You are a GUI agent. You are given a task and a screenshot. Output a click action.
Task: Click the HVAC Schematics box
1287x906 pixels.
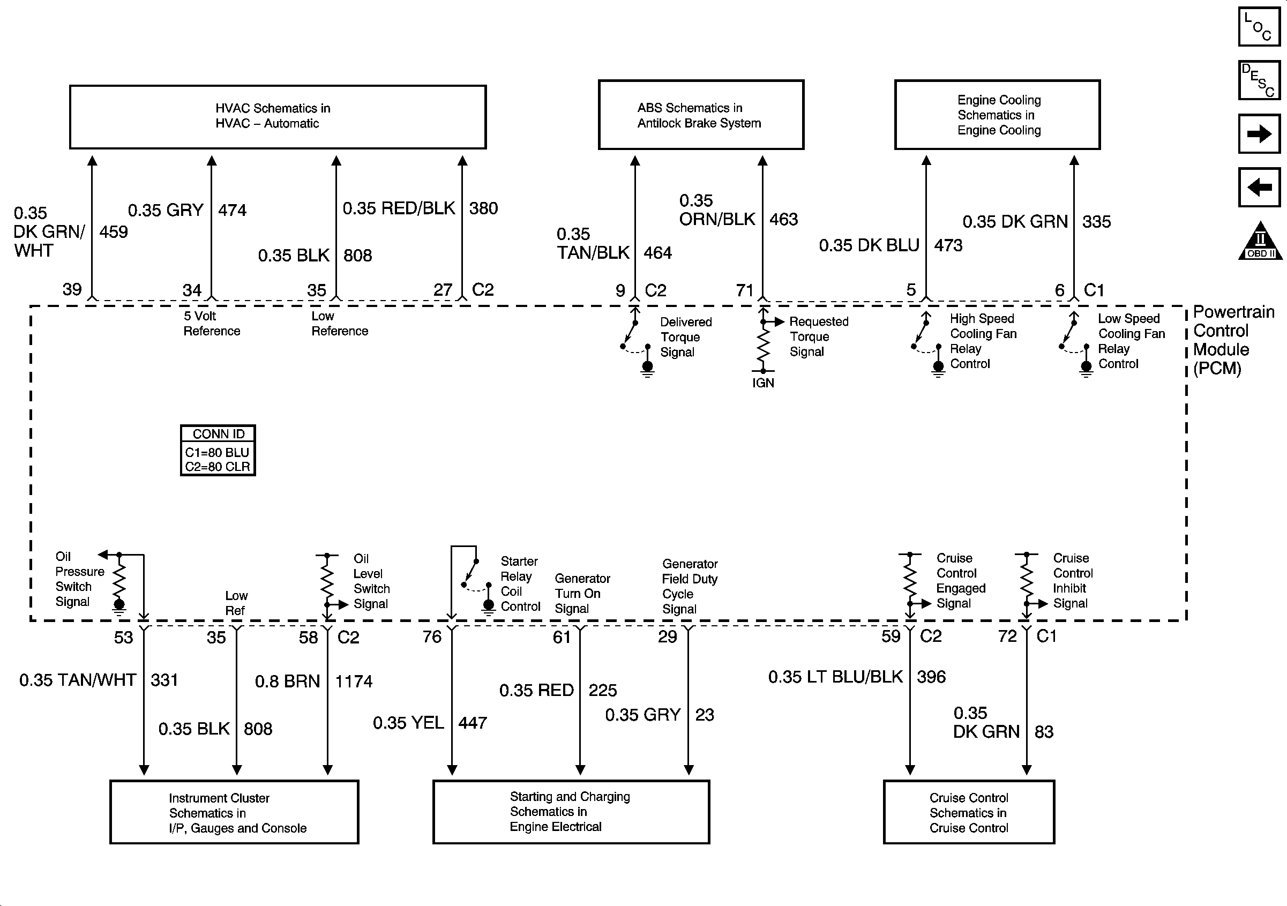pos(278,117)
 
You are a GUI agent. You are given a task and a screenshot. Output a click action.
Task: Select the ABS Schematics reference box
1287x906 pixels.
pos(701,115)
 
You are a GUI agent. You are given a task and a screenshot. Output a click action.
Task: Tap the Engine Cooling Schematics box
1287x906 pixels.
pos(997,115)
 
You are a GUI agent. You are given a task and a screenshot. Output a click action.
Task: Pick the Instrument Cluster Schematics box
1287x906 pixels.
pos(234,812)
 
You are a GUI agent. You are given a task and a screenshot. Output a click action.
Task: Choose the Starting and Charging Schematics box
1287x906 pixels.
pos(571,811)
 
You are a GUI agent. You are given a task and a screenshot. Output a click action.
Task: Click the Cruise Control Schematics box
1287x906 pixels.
pos(969,812)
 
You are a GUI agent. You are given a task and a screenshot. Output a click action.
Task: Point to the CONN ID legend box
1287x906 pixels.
pos(218,450)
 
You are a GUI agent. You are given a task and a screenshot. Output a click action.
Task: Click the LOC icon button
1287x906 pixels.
pos(1259,26)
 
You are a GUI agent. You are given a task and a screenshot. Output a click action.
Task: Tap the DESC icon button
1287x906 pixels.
pos(1259,80)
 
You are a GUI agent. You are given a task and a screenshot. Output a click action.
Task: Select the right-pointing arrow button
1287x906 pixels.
pos(1259,133)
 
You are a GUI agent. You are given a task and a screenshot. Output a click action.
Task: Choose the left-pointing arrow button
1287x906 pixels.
pos(1259,186)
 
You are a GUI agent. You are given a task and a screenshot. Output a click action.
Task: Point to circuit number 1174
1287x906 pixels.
pos(354,681)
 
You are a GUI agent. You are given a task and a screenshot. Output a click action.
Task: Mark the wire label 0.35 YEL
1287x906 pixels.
pos(408,723)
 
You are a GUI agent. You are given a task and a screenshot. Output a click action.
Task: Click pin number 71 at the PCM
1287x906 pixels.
pos(744,290)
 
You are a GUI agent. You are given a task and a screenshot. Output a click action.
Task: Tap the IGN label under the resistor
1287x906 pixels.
pos(763,383)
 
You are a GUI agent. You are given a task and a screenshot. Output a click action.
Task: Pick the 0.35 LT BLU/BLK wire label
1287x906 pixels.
pos(835,677)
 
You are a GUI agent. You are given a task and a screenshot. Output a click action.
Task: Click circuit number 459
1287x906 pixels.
pos(113,231)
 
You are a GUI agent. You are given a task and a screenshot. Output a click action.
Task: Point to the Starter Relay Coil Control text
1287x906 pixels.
pos(520,583)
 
